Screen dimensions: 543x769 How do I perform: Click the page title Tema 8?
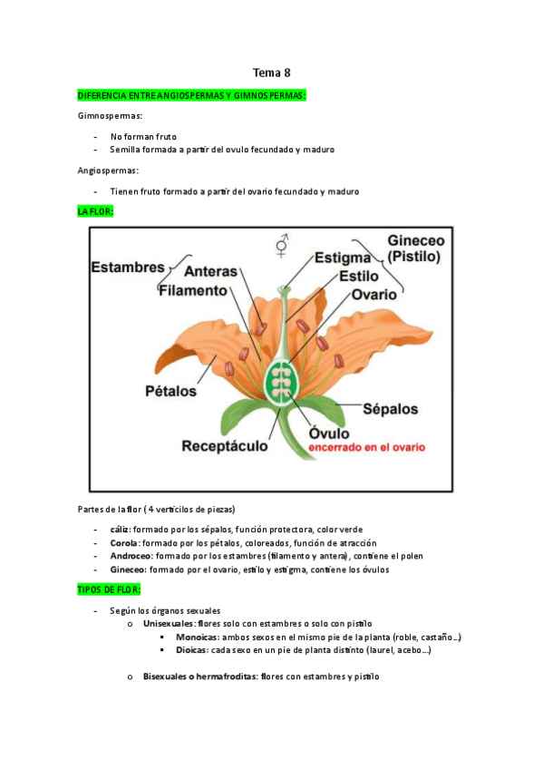[x=271, y=73]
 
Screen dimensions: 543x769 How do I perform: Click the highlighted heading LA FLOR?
[x=95, y=210]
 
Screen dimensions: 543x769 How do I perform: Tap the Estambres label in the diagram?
[x=128, y=268]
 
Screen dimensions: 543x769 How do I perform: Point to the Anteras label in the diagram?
[x=210, y=271]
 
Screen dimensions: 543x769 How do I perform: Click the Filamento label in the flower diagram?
[x=191, y=290]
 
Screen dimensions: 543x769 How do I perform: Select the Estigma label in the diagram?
[x=343, y=258]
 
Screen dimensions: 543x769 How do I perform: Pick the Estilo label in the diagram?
[x=358, y=277]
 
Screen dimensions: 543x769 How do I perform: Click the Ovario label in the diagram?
[x=374, y=295]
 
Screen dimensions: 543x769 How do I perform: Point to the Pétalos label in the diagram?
[x=170, y=392]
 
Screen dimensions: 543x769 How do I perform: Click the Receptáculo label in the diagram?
[x=224, y=445]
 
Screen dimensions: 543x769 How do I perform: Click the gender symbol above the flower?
[x=283, y=245]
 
